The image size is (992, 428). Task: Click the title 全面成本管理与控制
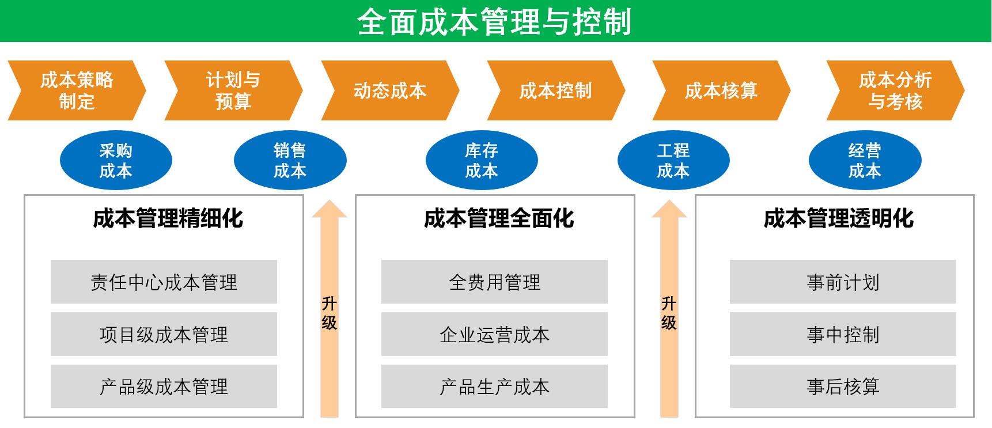pos(495,22)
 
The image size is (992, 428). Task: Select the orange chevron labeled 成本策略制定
pos(77,90)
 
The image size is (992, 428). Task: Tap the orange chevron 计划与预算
pos(233,90)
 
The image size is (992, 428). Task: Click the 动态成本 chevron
pos(390,90)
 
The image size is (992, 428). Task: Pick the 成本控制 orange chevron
pos(556,90)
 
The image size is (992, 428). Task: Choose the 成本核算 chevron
pos(721,90)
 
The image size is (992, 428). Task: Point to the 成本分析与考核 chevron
pos(895,90)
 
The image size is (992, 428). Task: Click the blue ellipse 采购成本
pos(116,160)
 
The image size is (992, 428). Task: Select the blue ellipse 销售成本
pos(290,160)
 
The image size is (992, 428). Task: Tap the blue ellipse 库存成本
pos(482,160)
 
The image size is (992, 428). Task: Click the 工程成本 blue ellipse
pos(673,160)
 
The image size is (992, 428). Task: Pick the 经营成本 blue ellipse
pos(865,160)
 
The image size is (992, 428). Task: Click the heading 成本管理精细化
pos(168,219)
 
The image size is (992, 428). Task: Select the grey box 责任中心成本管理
pos(164,282)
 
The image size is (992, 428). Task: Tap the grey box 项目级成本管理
pos(164,334)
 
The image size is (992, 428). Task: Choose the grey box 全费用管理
pos(494,282)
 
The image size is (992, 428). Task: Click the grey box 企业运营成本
pos(494,334)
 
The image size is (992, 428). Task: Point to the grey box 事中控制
pos(843,334)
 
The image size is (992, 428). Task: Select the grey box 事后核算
pos(843,386)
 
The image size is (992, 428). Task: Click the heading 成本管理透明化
pos(839,219)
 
